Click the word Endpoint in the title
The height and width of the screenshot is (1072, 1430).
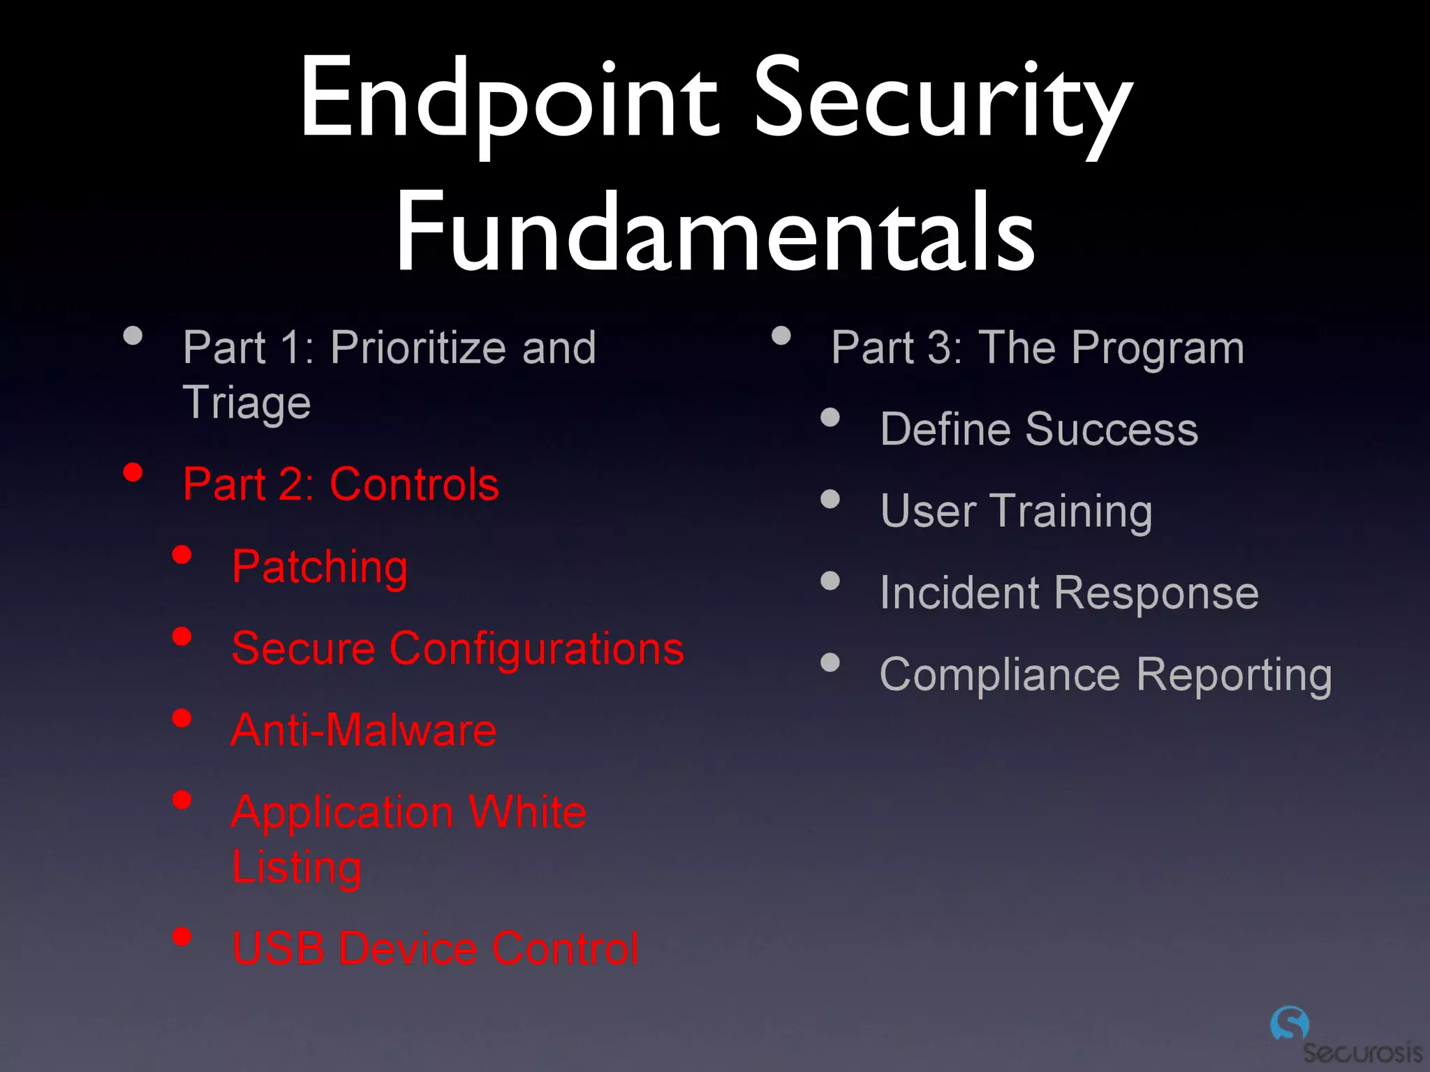tap(508, 99)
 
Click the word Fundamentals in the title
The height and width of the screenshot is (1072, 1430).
tap(715, 232)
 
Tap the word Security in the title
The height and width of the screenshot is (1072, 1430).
tap(943, 99)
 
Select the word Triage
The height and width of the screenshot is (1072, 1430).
tap(246, 403)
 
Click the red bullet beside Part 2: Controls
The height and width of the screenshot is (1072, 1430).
tap(133, 472)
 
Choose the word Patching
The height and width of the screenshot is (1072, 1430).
tap(320, 567)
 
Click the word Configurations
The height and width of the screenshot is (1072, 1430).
tap(536, 648)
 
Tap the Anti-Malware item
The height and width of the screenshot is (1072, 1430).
tap(364, 730)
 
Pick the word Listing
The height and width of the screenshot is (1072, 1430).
tap(297, 868)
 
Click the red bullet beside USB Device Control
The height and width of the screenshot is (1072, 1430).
tap(182, 936)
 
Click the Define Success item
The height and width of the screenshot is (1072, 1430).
tap(1039, 429)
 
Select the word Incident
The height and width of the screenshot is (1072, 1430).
tap(961, 593)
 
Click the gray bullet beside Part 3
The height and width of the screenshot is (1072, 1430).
tap(781, 336)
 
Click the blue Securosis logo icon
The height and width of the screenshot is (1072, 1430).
tap(1289, 1024)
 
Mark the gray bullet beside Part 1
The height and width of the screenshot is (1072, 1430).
tap(133, 336)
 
